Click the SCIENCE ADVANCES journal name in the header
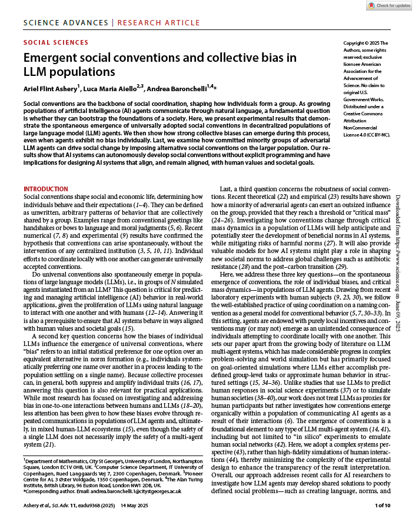[67, 23]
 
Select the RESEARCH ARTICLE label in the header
[159, 23]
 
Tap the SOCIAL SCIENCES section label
[56, 42]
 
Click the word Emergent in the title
[49, 58]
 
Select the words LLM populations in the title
[61, 72]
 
